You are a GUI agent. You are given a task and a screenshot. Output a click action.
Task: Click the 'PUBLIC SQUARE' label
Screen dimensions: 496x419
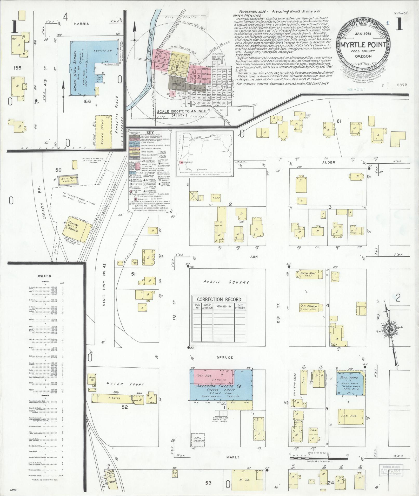(226, 282)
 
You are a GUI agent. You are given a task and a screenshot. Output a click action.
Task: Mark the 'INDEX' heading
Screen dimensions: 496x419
(44, 276)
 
